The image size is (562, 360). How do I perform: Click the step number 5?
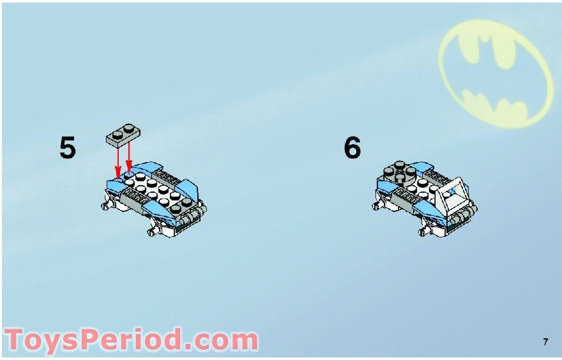click(x=68, y=147)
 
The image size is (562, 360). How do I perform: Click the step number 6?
click(x=352, y=147)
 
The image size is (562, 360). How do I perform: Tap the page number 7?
click(x=545, y=342)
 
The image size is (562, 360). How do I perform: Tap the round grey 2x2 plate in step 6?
click(x=399, y=173)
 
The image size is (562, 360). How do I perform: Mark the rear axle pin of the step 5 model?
click(x=105, y=206)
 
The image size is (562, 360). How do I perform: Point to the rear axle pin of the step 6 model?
click(x=376, y=206)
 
